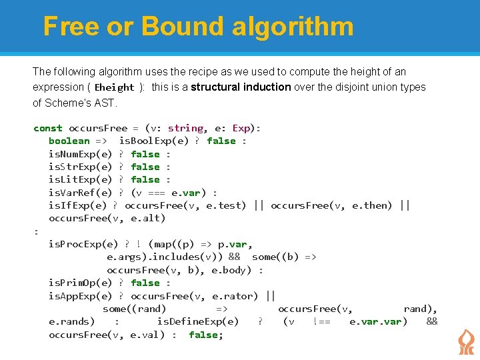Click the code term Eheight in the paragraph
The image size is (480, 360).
pos(114,87)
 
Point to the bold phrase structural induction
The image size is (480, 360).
pos(241,87)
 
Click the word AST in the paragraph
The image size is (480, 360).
pos(105,103)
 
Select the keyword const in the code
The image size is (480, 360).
pos(48,128)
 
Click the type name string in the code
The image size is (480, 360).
pos(186,128)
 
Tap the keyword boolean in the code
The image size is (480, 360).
pos(69,141)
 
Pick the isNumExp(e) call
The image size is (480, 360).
pos(80,154)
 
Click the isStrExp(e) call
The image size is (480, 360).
pos(80,167)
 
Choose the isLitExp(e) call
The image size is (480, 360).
pos(80,179)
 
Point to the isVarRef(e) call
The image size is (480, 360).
pos(80,193)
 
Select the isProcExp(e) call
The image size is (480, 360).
pos(83,244)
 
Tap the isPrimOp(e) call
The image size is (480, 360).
pos(80,283)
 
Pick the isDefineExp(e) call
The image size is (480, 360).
pos(197,321)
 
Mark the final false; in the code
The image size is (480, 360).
pos(206,335)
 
